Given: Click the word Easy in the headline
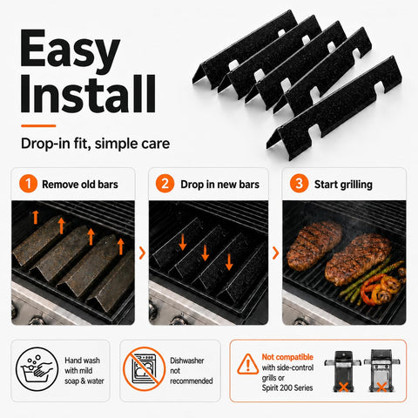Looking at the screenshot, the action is tap(70, 48).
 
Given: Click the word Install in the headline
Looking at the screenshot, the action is tap(88, 93).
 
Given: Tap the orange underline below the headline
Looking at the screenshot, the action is tap(38, 125).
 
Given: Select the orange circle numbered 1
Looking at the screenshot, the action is tap(28, 184).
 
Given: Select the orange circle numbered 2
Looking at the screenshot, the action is tap(165, 184).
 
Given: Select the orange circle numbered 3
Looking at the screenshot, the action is tap(299, 184).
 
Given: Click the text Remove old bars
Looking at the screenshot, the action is tap(80, 185).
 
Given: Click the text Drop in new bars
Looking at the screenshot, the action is tap(220, 185).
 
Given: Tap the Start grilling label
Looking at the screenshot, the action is tap(343, 185).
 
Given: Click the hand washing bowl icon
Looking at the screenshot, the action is tap(37, 369).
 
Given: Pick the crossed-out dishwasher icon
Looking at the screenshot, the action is tap(145, 368).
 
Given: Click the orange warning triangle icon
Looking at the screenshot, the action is tap(247, 364).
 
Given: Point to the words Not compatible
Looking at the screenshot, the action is tap(287, 357).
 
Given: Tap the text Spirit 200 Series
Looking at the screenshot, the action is tap(287, 388).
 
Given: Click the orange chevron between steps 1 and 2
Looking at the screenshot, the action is tap(142, 253).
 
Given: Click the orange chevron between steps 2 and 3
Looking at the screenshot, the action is tap(275, 253).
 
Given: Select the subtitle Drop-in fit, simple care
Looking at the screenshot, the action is tap(96, 144).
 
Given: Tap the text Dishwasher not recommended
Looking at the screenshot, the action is tap(192, 371).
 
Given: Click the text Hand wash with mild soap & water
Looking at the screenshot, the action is tap(84, 371).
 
